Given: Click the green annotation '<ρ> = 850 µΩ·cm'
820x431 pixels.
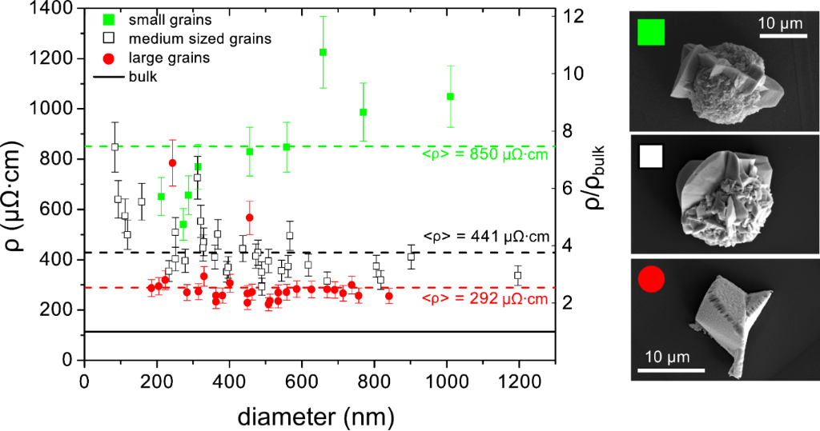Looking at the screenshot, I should [484, 154].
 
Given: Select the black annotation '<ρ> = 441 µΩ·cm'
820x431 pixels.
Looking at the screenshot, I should [484, 237].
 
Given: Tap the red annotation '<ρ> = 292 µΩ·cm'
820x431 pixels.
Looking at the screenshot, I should [484, 300].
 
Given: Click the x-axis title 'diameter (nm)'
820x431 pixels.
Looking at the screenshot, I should [319, 416].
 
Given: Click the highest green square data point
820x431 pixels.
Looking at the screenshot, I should [323, 52].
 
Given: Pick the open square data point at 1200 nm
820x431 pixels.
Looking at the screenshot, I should [517, 275].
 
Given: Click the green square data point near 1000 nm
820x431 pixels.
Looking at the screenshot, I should [450, 97].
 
